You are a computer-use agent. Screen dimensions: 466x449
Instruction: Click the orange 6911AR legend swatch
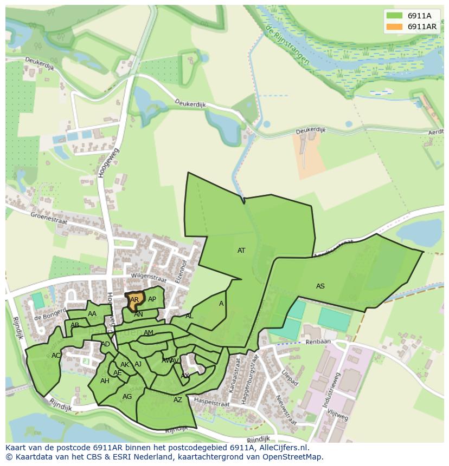[x=394, y=27]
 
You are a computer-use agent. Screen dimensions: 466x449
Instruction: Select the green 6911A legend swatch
[x=394, y=16]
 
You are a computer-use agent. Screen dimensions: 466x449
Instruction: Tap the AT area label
[x=241, y=251]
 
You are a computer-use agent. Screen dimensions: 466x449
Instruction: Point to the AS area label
[x=320, y=286]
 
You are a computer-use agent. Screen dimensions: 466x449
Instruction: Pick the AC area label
[x=56, y=356]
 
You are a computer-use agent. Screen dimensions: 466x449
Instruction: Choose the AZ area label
[x=178, y=400]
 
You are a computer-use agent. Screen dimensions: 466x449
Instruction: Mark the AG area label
[x=127, y=397]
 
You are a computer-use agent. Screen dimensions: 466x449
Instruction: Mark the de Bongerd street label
[x=46, y=316]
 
